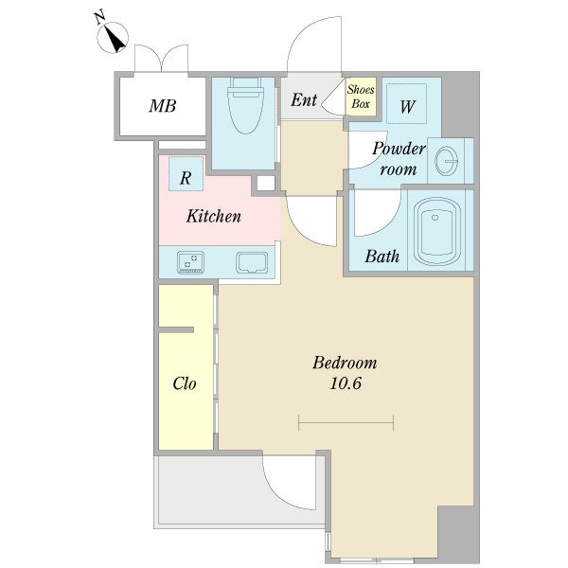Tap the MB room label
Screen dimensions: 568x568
pyautogui.click(x=163, y=106)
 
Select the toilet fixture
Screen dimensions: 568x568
pyautogui.click(x=245, y=106)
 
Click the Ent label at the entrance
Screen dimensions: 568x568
pyautogui.click(x=304, y=100)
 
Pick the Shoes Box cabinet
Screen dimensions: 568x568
pyautogui.click(x=361, y=97)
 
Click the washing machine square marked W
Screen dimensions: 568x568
pyautogui.click(x=406, y=103)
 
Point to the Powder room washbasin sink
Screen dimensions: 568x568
pyautogui.click(x=446, y=161)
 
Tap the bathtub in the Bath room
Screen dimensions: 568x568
pyautogui.click(x=436, y=231)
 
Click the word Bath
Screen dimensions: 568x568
pyautogui.click(x=382, y=257)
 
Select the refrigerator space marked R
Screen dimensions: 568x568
pyautogui.click(x=186, y=173)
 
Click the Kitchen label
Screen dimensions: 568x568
pyautogui.click(x=214, y=216)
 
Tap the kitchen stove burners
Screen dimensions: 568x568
pyautogui.click(x=190, y=262)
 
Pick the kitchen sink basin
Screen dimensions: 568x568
pyautogui.click(x=252, y=262)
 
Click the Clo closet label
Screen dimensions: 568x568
pyautogui.click(x=185, y=383)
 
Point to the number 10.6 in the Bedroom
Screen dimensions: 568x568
pyautogui.click(x=346, y=383)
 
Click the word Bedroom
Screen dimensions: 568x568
pyautogui.click(x=345, y=363)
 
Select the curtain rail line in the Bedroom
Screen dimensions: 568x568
pyautogui.click(x=346, y=423)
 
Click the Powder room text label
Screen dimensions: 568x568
pyautogui.click(x=399, y=159)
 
